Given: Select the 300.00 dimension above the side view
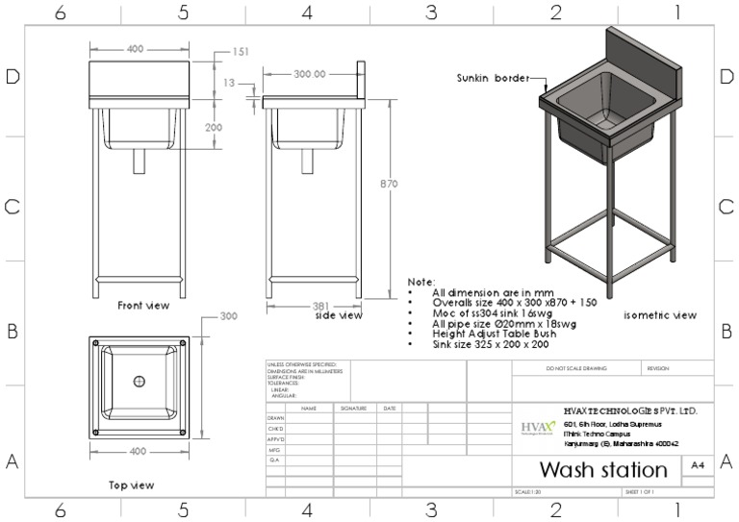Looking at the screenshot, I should (x=309, y=73).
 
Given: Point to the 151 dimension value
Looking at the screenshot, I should (x=241, y=52).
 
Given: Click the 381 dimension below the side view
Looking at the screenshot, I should (x=321, y=307).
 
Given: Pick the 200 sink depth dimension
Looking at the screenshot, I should (x=213, y=127).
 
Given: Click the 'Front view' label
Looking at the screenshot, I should (x=143, y=306).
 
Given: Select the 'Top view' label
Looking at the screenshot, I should (x=131, y=485).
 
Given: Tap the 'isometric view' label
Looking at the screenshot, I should (x=660, y=315).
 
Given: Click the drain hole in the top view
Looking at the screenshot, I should (x=140, y=382).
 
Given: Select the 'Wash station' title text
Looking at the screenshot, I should (x=602, y=470).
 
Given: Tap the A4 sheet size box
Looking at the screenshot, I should (x=698, y=465).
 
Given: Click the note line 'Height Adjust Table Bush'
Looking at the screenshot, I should (x=492, y=334).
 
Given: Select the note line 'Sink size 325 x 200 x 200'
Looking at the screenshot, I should (x=491, y=343).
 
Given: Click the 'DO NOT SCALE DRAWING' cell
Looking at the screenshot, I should (x=574, y=368).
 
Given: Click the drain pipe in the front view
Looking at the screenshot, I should (x=140, y=161).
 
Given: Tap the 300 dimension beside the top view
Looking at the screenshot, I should (x=229, y=315).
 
